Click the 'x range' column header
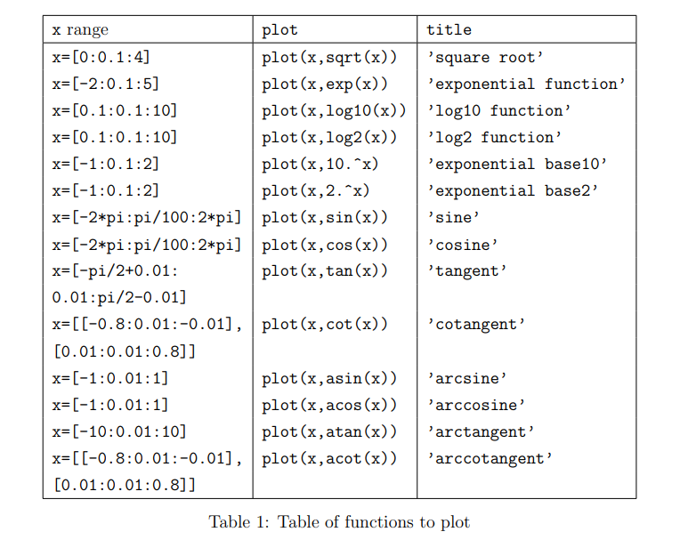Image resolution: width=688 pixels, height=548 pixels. point(80,30)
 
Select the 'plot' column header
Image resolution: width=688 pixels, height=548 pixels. point(280,30)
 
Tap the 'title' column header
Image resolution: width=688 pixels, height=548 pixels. point(449,30)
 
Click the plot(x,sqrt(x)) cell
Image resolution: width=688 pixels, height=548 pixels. point(329,58)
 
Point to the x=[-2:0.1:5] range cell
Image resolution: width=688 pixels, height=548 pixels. point(106,85)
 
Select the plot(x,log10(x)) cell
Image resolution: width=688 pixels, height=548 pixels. point(334,111)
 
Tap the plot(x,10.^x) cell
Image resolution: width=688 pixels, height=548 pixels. point(321,165)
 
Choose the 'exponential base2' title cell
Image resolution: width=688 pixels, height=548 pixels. point(512,191)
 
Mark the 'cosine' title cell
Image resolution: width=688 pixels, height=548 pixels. point(463,245)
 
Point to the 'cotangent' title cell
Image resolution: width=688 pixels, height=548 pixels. point(476,325)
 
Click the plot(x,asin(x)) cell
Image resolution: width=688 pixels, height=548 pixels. point(329,378)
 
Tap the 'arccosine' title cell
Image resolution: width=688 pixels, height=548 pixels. point(476,405)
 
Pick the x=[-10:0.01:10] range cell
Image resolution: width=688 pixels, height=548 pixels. point(119,431)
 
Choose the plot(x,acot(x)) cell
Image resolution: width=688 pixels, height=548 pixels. point(329,459)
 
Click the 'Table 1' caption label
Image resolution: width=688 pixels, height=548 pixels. point(239,522)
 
